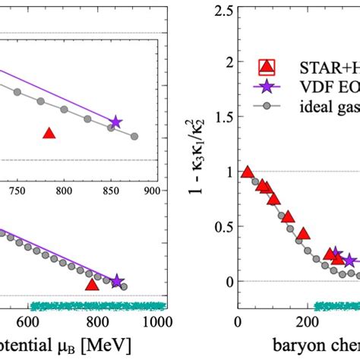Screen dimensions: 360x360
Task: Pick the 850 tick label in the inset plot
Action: tap(111, 191)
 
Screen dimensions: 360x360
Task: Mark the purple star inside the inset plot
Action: tap(115, 122)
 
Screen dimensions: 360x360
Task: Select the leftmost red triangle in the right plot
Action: tap(246, 172)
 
